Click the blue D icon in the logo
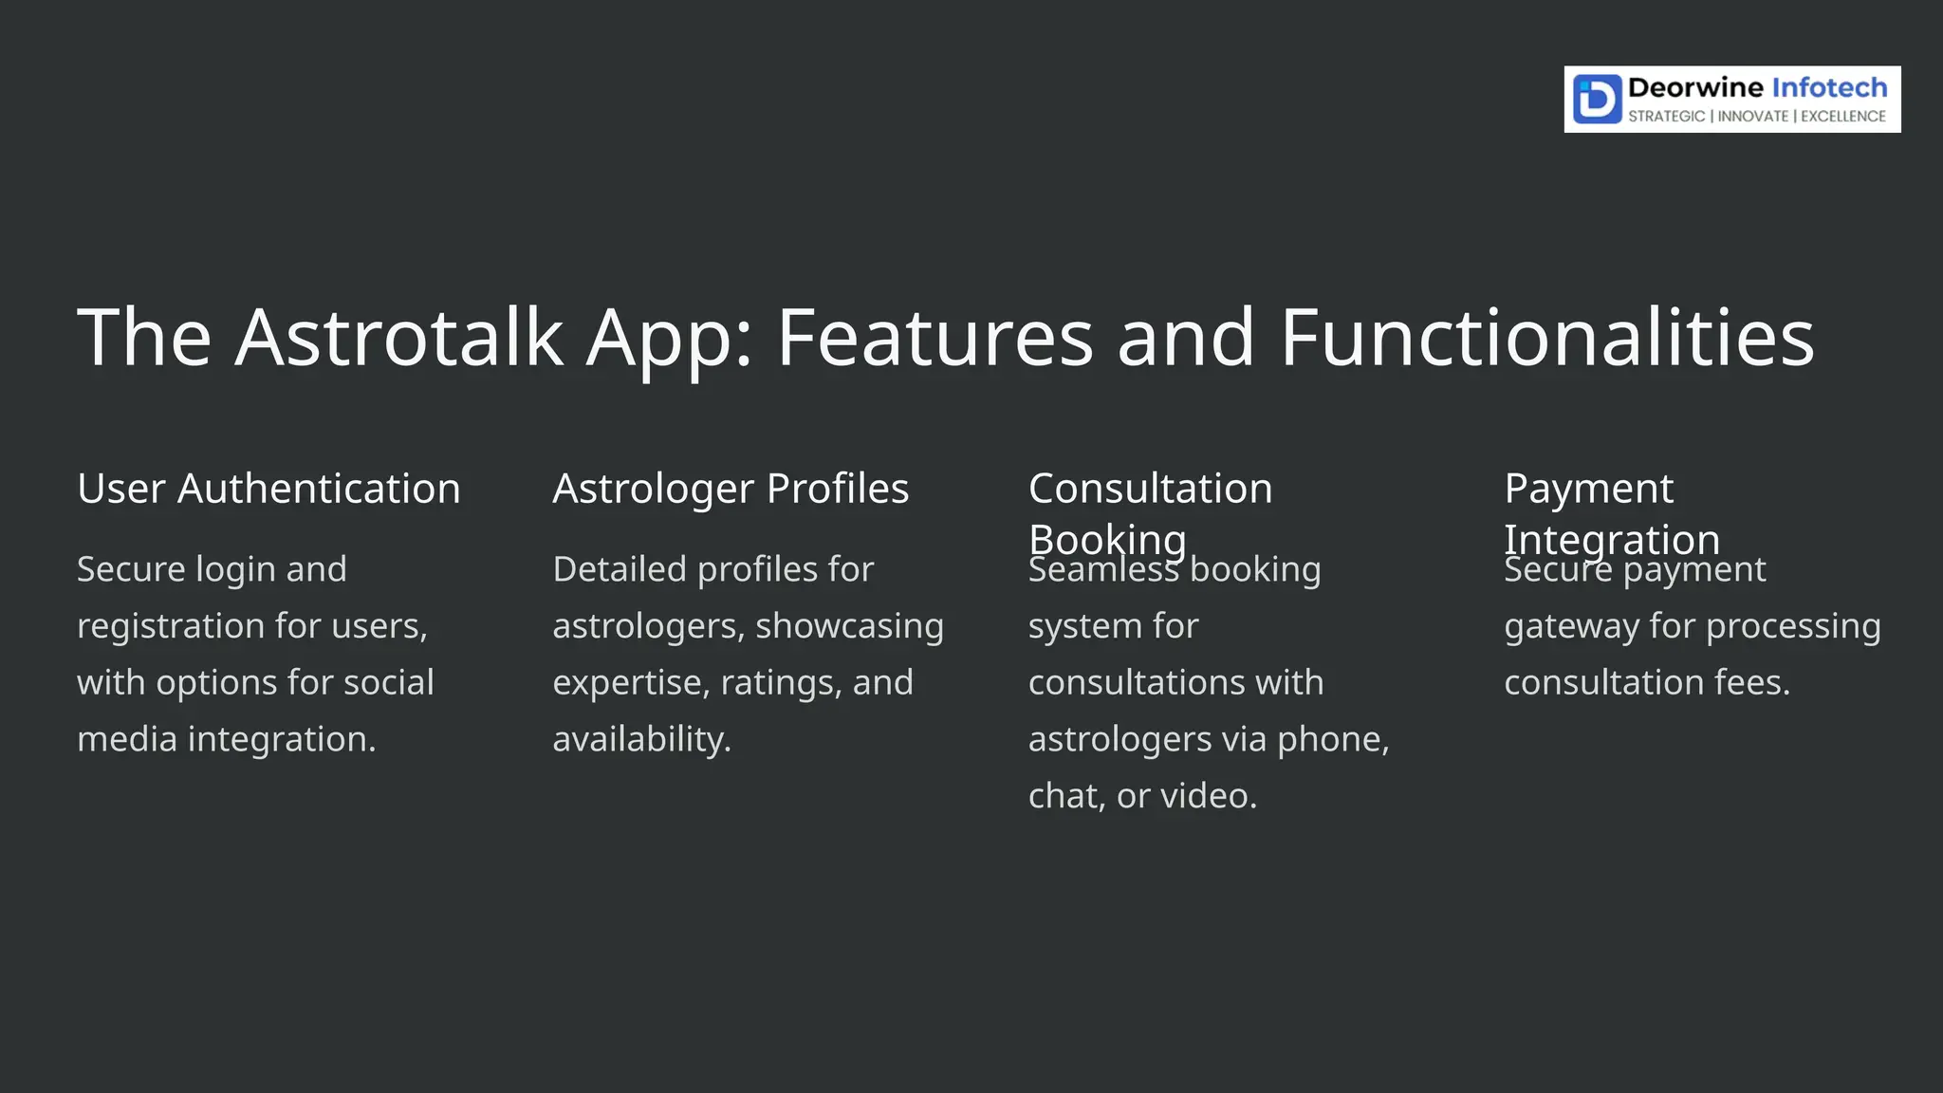pyautogui.click(x=1597, y=100)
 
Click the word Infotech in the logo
pyautogui.click(x=1829, y=88)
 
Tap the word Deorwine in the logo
pyautogui.click(x=1695, y=88)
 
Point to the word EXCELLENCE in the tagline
pyautogui.click(x=1843, y=117)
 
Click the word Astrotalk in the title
pyautogui.click(x=398, y=337)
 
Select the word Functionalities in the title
pyautogui.click(x=1546, y=337)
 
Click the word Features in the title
pyautogui.click(x=934, y=337)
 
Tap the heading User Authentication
pyautogui.click(x=268, y=489)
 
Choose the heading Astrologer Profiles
pyautogui.click(x=731, y=489)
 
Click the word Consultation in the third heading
pyautogui.click(x=1150, y=489)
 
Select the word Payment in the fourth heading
pyautogui.click(x=1588, y=489)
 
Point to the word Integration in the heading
pyautogui.click(x=1612, y=540)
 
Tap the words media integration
pyautogui.click(x=226, y=739)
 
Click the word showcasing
pyautogui.click(x=849, y=626)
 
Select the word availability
pyautogui.click(x=641, y=739)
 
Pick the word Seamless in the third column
pyautogui.click(x=1102, y=570)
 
